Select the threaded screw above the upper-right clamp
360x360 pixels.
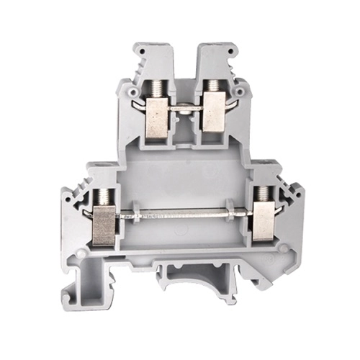(214, 88)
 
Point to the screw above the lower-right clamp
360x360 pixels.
(264, 192)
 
